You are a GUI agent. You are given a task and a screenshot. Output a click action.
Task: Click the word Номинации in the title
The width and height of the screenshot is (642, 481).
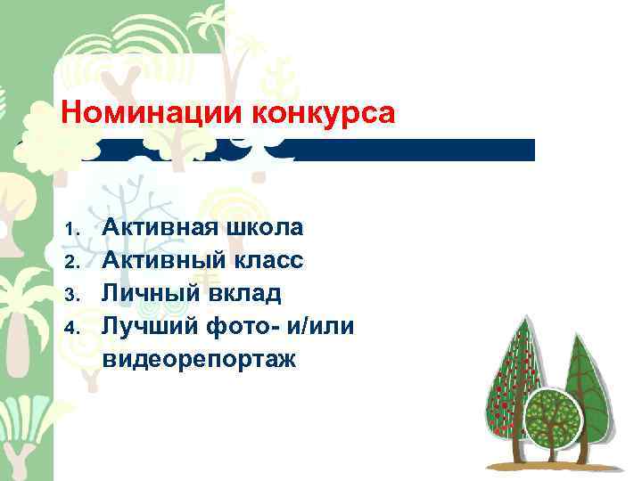(152, 114)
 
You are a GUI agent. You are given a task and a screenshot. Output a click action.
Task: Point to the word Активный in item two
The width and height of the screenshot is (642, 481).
(159, 260)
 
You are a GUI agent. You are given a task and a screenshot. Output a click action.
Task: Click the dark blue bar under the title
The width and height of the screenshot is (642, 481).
(410, 150)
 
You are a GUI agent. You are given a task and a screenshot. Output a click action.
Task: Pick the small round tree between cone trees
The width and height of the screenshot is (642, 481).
(553, 419)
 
